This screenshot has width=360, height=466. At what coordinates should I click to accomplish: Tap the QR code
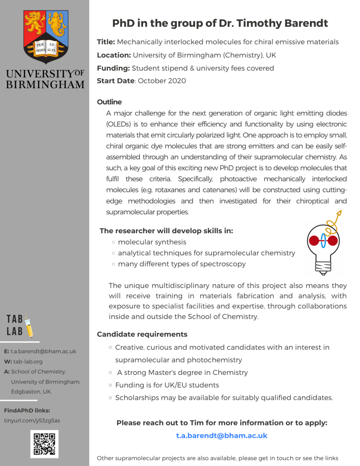tap(45, 444)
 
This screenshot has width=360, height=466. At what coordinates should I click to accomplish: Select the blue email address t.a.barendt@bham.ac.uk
tap(221, 435)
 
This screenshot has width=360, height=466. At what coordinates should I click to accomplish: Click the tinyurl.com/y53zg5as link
tap(32, 420)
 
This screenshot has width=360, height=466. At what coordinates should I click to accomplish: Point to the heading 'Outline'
tap(109, 102)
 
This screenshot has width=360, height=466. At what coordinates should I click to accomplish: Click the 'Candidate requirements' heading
tap(142, 334)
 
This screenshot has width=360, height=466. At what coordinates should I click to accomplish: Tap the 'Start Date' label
tap(115, 81)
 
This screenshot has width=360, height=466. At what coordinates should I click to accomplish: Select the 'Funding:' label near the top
tap(113, 68)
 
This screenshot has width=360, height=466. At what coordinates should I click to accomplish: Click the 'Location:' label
tap(114, 55)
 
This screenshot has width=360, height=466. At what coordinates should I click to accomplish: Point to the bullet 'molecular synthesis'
tap(152, 242)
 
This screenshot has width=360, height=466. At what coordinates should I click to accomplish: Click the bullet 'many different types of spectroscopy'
tap(181, 264)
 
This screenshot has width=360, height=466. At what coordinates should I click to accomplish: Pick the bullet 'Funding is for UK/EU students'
tap(167, 385)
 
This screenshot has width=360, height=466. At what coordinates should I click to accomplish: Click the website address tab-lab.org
tap(28, 362)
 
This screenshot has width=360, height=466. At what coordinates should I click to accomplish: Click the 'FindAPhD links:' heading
tap(27, 410)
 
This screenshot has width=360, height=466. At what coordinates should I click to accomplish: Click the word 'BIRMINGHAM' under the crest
tap(45, 84)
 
